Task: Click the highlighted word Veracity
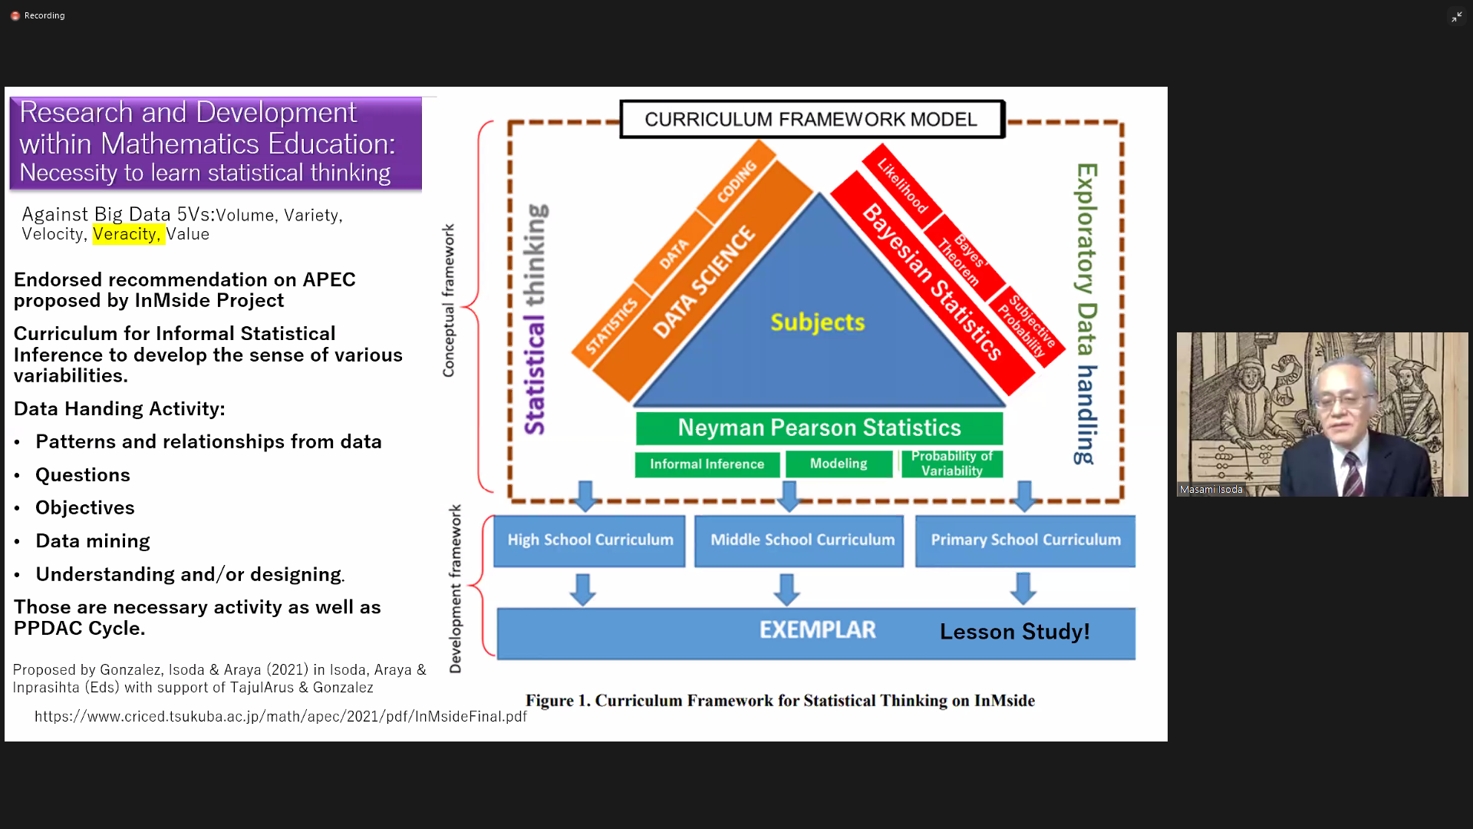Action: click(127, 234)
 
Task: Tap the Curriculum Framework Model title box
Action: click(811, 120)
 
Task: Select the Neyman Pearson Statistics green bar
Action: click(819, 428)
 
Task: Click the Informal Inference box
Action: click(707, 464)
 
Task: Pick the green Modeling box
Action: click(839, 464)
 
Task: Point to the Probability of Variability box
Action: click(951, 464)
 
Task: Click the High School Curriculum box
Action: click(589, 540)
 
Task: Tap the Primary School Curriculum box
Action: click(1025, 540)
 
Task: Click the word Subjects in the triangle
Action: click(817, 322)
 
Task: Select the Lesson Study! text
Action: click(1014, 632)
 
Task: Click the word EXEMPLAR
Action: click(817, 630)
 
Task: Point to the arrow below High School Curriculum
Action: click(582, 589)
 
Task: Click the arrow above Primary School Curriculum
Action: click(1024, 496)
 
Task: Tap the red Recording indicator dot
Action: click(15, 15)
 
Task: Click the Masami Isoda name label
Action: click(1211, 489)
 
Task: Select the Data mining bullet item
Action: click(93, 541)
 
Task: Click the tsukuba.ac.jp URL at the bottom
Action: click(280, 716)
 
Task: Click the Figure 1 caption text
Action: click(779, 701)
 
